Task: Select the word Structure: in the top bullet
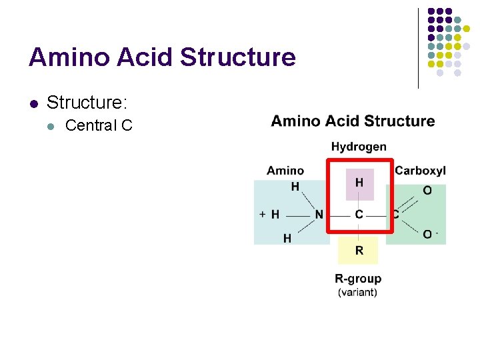click(x=87, y=103)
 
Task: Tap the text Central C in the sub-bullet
click(x=99, y=125)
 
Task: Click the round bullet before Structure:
click(x=33, y=103)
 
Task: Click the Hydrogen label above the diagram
click(x=359, y=147)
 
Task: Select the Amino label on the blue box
click(x=285, y=171)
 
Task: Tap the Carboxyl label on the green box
click(x=420, y=171)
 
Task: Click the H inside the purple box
click(x=359, y=183)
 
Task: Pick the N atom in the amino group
click(x=319, y=215)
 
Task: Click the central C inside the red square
click(x=359, y=215)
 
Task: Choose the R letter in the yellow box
click(x=359, y=251)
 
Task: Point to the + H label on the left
click(x=269, y=215)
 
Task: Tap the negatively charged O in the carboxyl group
click(x=428, y=234)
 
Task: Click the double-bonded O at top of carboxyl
click(x=427, y=191)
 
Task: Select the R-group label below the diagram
click(x=358, y=279)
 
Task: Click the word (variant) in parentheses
click(x=358, y=292)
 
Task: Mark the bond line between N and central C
click(x=339, y=215)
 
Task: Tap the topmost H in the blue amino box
click(x=295, y=187)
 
